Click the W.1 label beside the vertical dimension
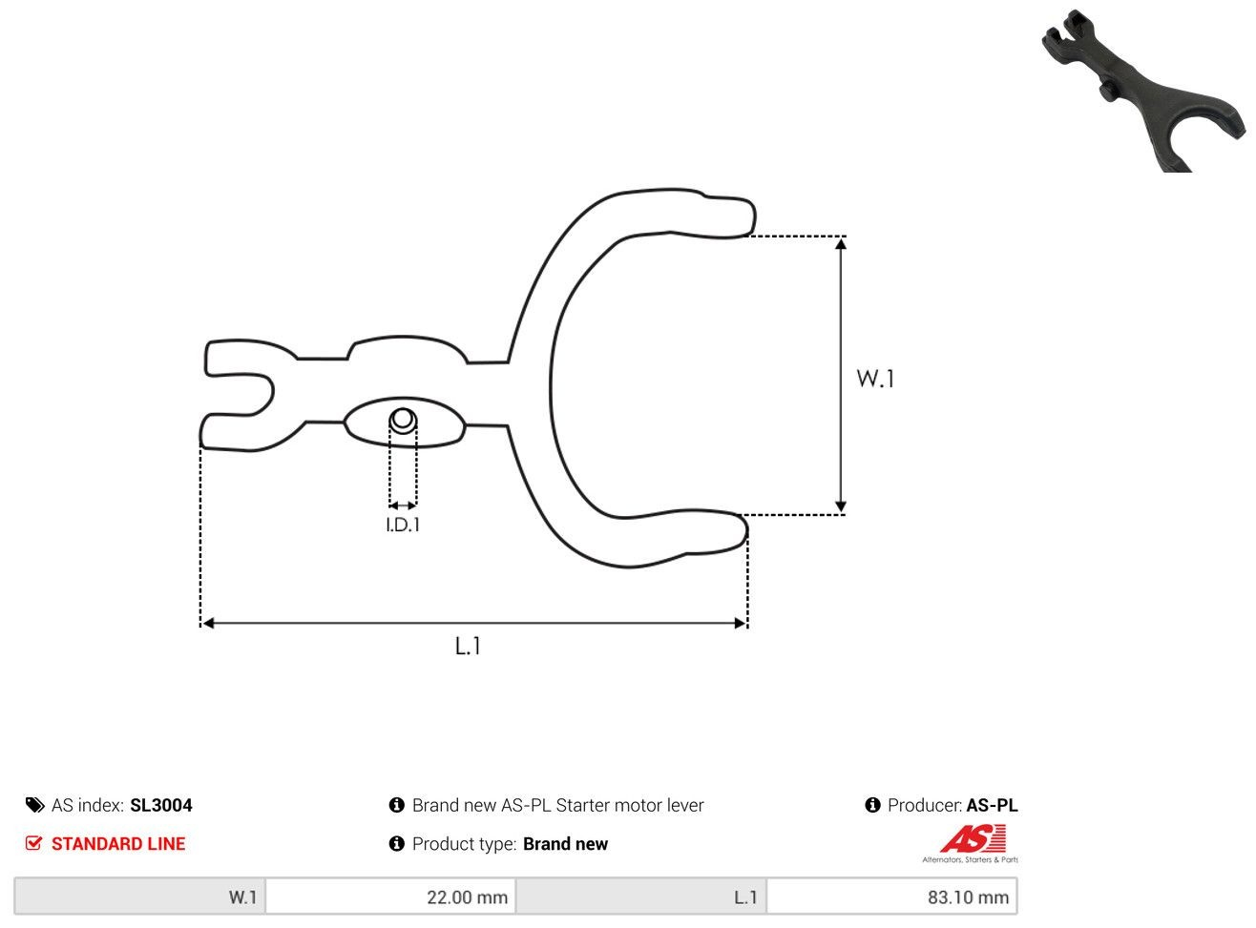[875, 379]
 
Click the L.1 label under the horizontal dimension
[468, 646]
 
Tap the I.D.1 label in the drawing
[403, 526]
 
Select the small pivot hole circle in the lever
[403, 420]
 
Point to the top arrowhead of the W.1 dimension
[841, 243]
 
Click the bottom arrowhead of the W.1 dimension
[841, 506]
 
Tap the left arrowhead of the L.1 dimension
[208, 623]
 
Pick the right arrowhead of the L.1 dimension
[740, 623]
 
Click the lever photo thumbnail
[1142, 91]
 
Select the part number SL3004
[161, 805]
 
